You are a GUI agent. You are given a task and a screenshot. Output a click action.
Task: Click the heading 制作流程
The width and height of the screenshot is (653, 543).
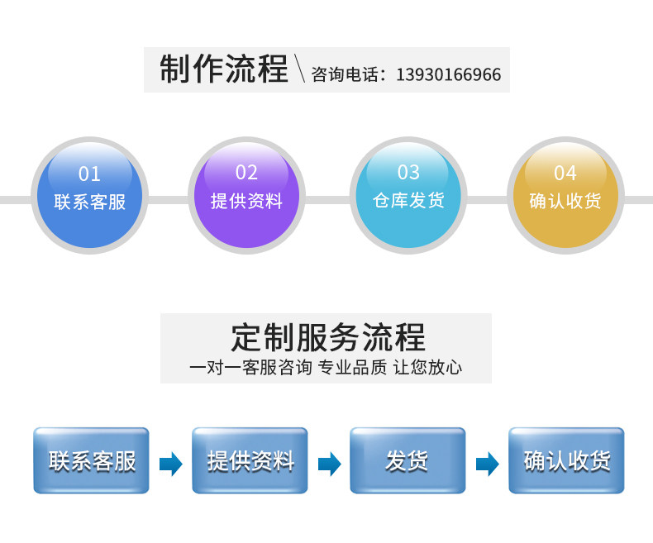(223, 69)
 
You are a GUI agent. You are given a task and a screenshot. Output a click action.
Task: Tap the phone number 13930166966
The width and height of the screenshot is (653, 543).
(448, 75)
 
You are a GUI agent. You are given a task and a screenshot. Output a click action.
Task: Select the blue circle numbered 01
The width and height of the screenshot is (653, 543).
(89, 195)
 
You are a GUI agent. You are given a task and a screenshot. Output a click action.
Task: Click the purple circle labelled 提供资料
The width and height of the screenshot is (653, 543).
(246, 195)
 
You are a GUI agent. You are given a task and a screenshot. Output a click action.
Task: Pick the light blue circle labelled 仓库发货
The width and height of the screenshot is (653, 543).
(408, 195)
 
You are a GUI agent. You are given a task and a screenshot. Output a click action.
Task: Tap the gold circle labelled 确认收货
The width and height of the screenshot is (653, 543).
(565, 195)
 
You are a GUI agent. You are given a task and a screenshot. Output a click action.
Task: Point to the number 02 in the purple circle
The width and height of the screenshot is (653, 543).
(246, 173)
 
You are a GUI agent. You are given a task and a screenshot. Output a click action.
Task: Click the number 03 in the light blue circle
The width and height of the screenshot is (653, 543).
(408, 173)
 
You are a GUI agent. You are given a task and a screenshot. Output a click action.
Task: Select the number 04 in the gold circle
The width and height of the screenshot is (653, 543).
(565, 174)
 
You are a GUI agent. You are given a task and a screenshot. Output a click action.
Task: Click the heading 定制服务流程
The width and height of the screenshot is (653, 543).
(327, 337)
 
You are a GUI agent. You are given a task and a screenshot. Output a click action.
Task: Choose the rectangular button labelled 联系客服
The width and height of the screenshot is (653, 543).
(92, 460)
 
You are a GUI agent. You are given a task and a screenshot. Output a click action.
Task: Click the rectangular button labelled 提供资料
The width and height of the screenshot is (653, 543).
(250, 460)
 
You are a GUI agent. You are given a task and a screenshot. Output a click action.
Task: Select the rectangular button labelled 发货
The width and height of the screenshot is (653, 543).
(408, 460)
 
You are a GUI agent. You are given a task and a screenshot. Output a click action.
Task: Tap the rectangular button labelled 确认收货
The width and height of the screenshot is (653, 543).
(566, 460)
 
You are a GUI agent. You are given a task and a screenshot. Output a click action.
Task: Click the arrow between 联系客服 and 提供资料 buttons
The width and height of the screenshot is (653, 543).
(171, 464)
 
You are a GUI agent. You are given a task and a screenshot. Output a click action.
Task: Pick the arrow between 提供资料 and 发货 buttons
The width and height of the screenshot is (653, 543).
(329, 464)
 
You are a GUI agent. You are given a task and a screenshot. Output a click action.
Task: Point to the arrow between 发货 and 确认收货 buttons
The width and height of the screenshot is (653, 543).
(487, 464)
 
